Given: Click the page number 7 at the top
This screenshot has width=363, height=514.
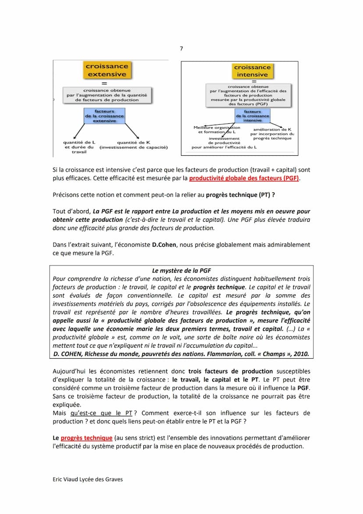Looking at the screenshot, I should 181,48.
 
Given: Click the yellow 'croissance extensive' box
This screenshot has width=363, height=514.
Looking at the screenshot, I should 107,70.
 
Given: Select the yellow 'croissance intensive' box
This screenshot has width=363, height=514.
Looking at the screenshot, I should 252,71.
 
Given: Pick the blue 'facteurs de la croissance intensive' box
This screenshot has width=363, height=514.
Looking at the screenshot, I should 253,116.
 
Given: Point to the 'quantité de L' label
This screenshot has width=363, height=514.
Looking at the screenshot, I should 79,142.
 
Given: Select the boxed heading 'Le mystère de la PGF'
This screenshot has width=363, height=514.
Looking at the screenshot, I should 181,271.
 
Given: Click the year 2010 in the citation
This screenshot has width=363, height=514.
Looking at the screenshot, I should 301,354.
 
